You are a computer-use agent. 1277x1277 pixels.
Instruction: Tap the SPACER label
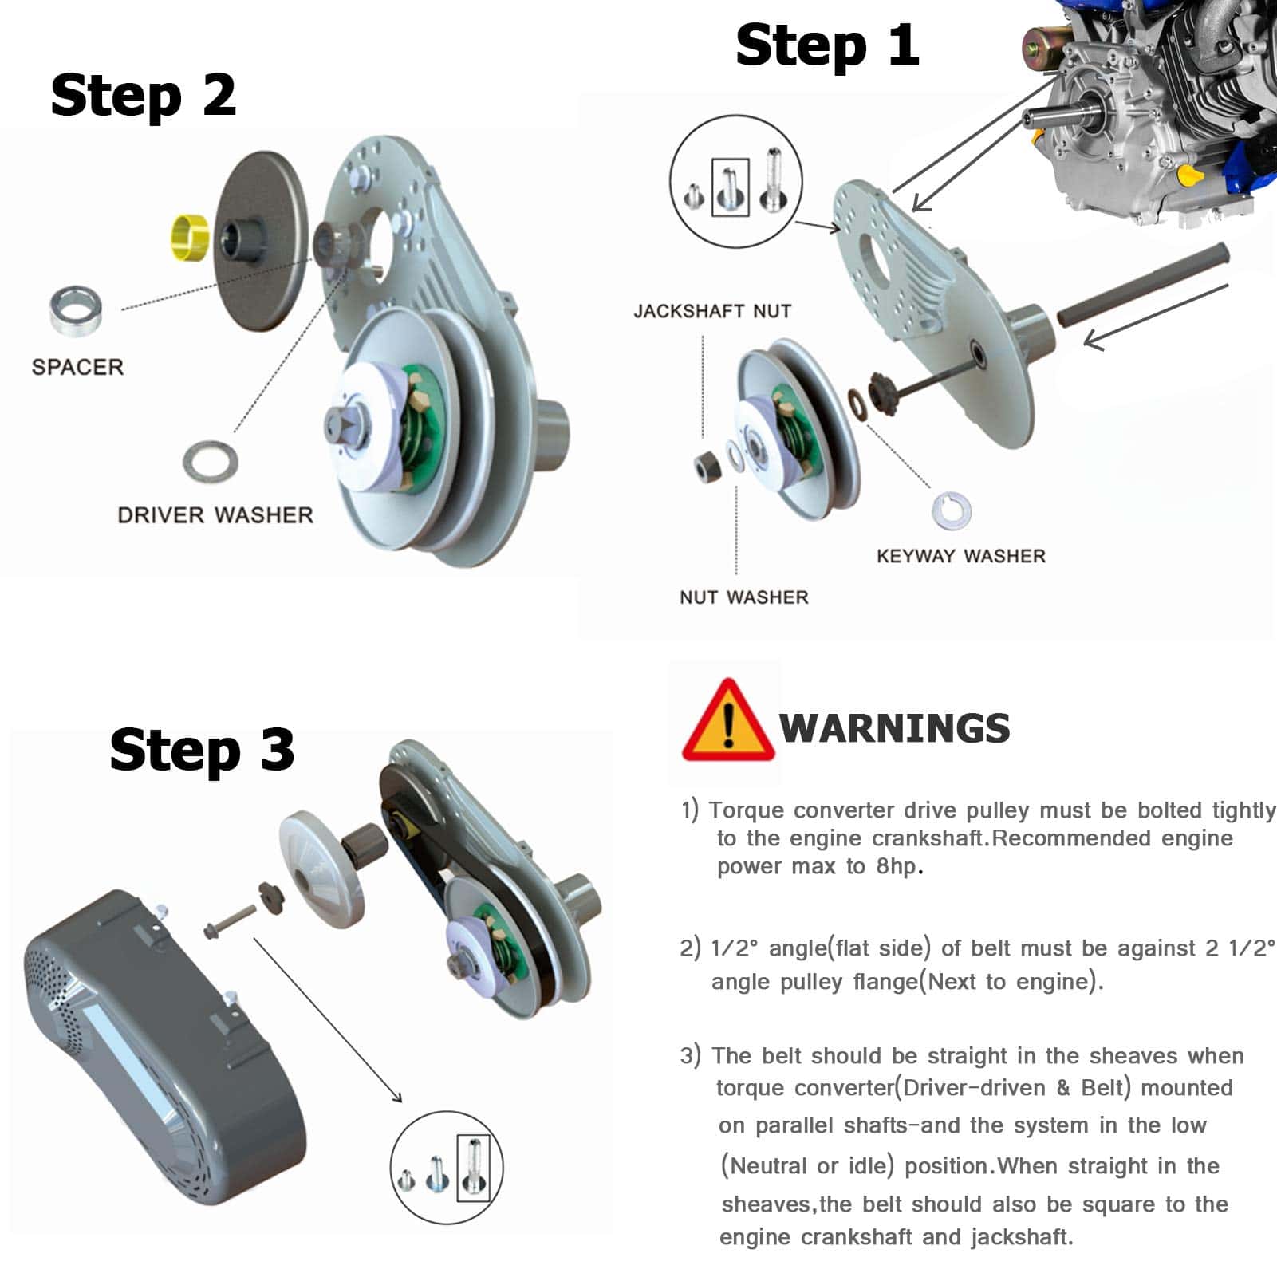point(78,367)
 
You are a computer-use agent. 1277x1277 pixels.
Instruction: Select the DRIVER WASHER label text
point(215,515)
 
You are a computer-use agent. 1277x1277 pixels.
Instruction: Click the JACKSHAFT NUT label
point(712,311)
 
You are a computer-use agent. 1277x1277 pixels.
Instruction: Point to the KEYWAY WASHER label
point(961,556)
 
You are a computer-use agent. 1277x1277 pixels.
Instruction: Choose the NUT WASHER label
point(744,597)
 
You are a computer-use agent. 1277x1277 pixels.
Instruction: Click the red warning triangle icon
point(727,720)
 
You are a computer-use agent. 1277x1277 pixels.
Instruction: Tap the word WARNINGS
point(895,728)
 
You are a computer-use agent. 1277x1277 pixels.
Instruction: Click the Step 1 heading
point(827,45)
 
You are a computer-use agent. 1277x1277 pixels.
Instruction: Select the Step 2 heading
point(144,96)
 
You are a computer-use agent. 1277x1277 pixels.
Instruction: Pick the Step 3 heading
point(202,751)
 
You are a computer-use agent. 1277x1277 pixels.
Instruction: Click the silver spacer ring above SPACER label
point(76,309)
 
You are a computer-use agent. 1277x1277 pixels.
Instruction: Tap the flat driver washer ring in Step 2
point(211,462)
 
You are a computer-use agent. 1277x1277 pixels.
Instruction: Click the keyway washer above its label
point(952,510)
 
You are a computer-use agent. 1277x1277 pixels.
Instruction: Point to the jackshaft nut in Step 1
point(706,466)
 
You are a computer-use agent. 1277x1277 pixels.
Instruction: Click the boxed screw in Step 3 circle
point(474,1168)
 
